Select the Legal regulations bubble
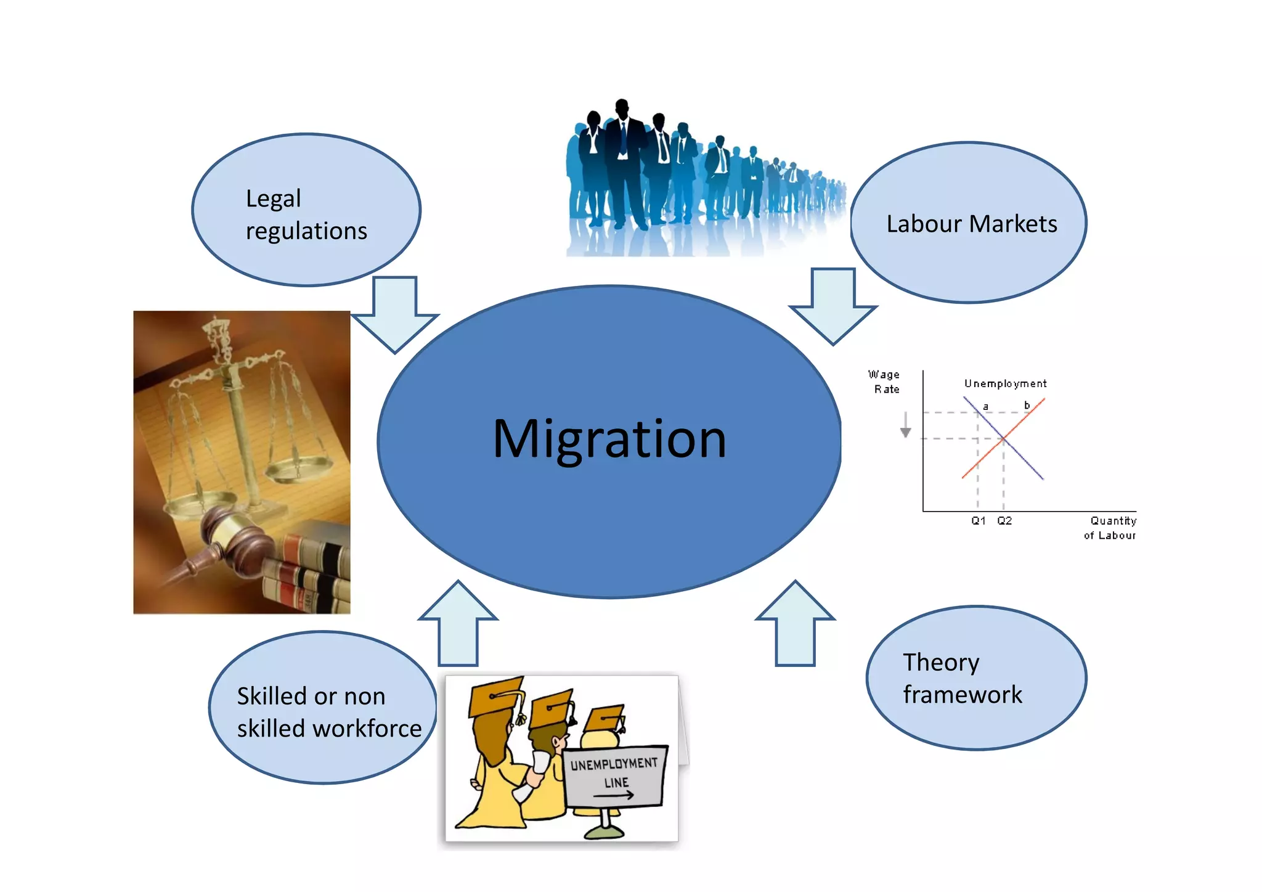306,210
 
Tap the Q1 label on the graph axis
978,521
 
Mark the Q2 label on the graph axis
1004,521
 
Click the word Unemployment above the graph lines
1005,383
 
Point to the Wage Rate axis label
884,382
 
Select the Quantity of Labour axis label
1110,528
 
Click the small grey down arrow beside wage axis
905,425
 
